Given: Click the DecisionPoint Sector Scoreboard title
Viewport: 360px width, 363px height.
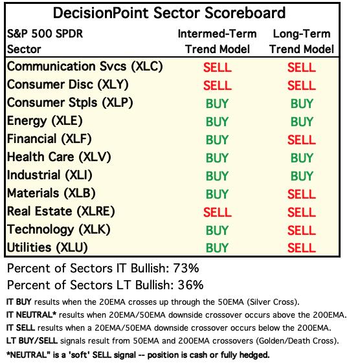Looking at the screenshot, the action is click(x=169, y=13).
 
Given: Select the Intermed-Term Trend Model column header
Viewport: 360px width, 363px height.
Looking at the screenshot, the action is click(x=218, y=41).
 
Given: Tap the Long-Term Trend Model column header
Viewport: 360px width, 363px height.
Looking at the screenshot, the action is click(x=301, y=41).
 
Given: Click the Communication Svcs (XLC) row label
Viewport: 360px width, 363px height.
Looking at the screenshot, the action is click(x=85, y=67).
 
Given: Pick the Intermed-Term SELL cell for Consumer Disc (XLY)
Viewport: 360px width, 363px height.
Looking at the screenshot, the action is click(x=218, y=85).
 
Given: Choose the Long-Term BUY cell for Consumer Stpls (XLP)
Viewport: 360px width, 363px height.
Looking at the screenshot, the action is click(x=302, y=104).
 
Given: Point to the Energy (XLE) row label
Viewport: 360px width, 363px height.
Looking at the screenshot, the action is click(x=45, y=121).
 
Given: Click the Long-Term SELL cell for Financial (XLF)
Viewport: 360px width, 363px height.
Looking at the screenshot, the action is click(x=301, y=140).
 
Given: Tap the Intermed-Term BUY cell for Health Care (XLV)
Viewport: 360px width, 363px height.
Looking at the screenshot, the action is click(x=217, y=158).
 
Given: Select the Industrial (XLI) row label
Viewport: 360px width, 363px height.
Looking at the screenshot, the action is click(x=50, y=175).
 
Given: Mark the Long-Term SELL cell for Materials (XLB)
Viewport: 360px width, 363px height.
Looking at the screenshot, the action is click(x=301, y=194).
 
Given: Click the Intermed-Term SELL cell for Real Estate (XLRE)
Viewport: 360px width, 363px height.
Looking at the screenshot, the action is click(x=218, y=212).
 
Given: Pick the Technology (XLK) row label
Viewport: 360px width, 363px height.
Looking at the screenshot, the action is click(x=59, y=230).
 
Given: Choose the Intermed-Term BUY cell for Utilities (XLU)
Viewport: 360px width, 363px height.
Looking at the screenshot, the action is click(x=217, y=248).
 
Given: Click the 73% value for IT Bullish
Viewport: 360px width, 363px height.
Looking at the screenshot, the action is click(x=186, y=269).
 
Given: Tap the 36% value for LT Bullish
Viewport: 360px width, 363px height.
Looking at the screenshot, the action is click(x=190, y=285).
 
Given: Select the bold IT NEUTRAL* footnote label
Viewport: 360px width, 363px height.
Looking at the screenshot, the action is click(x=31, y=315).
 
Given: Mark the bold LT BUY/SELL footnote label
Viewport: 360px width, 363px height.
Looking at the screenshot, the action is click(x=32, y=340).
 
